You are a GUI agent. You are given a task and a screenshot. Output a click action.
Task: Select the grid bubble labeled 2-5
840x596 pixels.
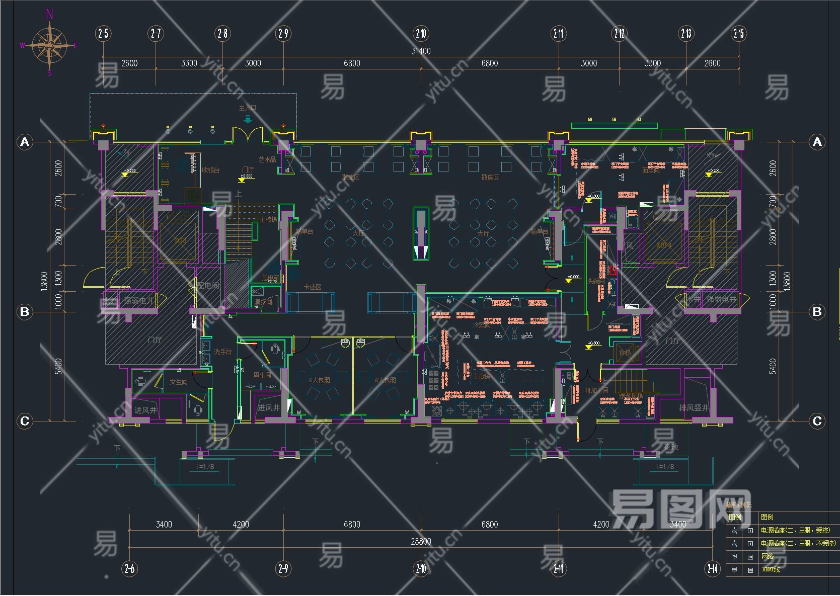(x=103, y=34)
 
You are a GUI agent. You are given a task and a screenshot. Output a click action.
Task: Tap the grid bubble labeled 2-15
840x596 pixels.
(x=738, y=34)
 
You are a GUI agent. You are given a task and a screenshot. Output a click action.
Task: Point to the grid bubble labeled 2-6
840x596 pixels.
(x=129, y=568)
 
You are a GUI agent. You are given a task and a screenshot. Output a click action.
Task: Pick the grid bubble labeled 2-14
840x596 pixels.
(x=712, y=568)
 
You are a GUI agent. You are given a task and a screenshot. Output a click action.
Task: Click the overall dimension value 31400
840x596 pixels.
(x=421, y=51)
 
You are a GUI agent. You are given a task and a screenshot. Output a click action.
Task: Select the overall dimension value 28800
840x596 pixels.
(x=421, y=541)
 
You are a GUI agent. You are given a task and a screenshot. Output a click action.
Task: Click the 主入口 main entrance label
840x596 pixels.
(x=247, y=108)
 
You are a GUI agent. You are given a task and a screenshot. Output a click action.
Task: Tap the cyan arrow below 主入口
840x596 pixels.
(x=247, y=119)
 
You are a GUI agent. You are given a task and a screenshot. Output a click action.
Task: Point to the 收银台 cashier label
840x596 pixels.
(x=210, y=170)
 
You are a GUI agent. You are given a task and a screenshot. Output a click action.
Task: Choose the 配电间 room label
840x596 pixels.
(x=208, y=285)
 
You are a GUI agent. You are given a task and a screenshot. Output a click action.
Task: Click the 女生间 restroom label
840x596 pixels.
(x=178, y=382)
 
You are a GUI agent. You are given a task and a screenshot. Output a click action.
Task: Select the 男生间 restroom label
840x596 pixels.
(x=262, y=375)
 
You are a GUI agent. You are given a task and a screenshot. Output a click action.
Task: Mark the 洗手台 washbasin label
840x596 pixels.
(x=222, y=352)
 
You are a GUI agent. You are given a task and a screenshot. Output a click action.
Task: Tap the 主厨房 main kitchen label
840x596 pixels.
(x=481, y=376)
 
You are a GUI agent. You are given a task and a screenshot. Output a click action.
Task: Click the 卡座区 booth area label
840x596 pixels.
(x=312, y=287)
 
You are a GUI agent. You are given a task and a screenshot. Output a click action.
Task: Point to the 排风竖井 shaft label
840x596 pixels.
(x=694, y=407)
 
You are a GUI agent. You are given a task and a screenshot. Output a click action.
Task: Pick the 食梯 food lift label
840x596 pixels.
(x=625, y=353)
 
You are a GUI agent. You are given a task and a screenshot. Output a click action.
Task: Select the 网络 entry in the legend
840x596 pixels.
(x=767, y=556)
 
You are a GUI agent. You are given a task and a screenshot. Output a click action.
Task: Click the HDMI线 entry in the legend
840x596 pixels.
(x=771, y=569)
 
